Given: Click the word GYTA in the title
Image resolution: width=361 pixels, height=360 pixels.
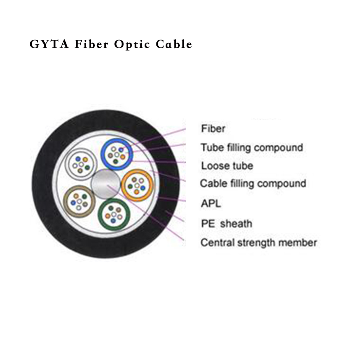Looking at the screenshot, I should [49, 44].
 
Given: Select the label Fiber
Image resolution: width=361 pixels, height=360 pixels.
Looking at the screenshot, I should [213, 129].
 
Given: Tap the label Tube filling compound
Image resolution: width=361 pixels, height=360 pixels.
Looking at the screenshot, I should [252, 147].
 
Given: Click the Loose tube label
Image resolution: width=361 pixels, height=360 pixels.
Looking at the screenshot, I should [227, 166].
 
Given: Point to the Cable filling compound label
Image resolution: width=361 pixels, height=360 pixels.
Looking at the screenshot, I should [253, 183].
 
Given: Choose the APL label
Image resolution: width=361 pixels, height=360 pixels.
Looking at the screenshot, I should [211, 204].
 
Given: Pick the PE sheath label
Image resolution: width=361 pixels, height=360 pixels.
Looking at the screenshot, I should [226, 223].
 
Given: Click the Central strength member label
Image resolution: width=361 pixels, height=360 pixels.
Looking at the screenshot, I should [259, 243].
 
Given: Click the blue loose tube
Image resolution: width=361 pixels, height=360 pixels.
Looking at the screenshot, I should [117, 154].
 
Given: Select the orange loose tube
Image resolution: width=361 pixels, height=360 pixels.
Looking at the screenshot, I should [137, 186].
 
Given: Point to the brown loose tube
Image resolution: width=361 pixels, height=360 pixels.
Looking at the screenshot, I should [79, 201].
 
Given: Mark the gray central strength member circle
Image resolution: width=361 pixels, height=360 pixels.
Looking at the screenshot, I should [105, 183].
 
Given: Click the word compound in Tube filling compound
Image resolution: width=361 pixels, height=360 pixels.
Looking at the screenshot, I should [278, 147].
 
